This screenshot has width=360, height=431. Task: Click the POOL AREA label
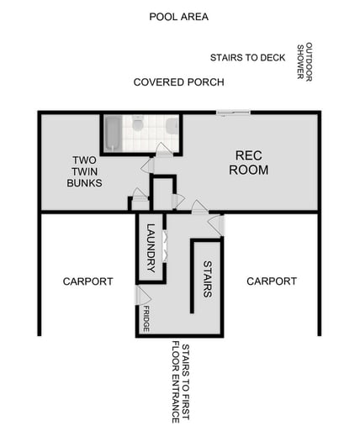pyautogui.click(x=178, y=17)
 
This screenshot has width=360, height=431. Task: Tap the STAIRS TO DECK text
pyautogui.click(x=248, y=58)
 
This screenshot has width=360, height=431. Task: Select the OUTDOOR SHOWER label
pyautogui.click(x=304, y=60)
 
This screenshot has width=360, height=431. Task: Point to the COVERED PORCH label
pyautogui.click(x=178, y=82)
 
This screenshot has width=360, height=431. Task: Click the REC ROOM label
pyautogui.click(x=251, y=163)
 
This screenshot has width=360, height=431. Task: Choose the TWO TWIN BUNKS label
pyautogui.click(x=86, y=171)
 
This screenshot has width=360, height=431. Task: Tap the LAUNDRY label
pyautogui.click(x=151, y=247)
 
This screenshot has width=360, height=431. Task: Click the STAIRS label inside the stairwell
pyautogui.click(x=208, y=279)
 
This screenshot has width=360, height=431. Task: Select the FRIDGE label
pyautogui.click(x=146, y=318)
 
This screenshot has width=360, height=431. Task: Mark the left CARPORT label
pyautogui.click(x=87, y=281)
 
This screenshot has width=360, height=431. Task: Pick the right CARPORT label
pyautogui.click(x=271, y=281)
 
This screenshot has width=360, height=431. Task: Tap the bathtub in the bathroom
pyautogui.click(x=113, y=132)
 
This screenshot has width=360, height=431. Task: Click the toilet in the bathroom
pyautogui.click(x=138, y=125)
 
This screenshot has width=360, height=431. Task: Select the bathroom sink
pyautogui.click(x=172, y=126)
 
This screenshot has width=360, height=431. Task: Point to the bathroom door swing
pyautogui.click(x=164, y=150)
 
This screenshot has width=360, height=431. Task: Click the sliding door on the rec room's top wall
pyautogui.click(x=233, y=113)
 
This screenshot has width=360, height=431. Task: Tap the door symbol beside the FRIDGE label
pyautogui.click(x=143, y=296)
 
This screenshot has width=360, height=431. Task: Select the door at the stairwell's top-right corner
pyautogui.click(x=216, y=224)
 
